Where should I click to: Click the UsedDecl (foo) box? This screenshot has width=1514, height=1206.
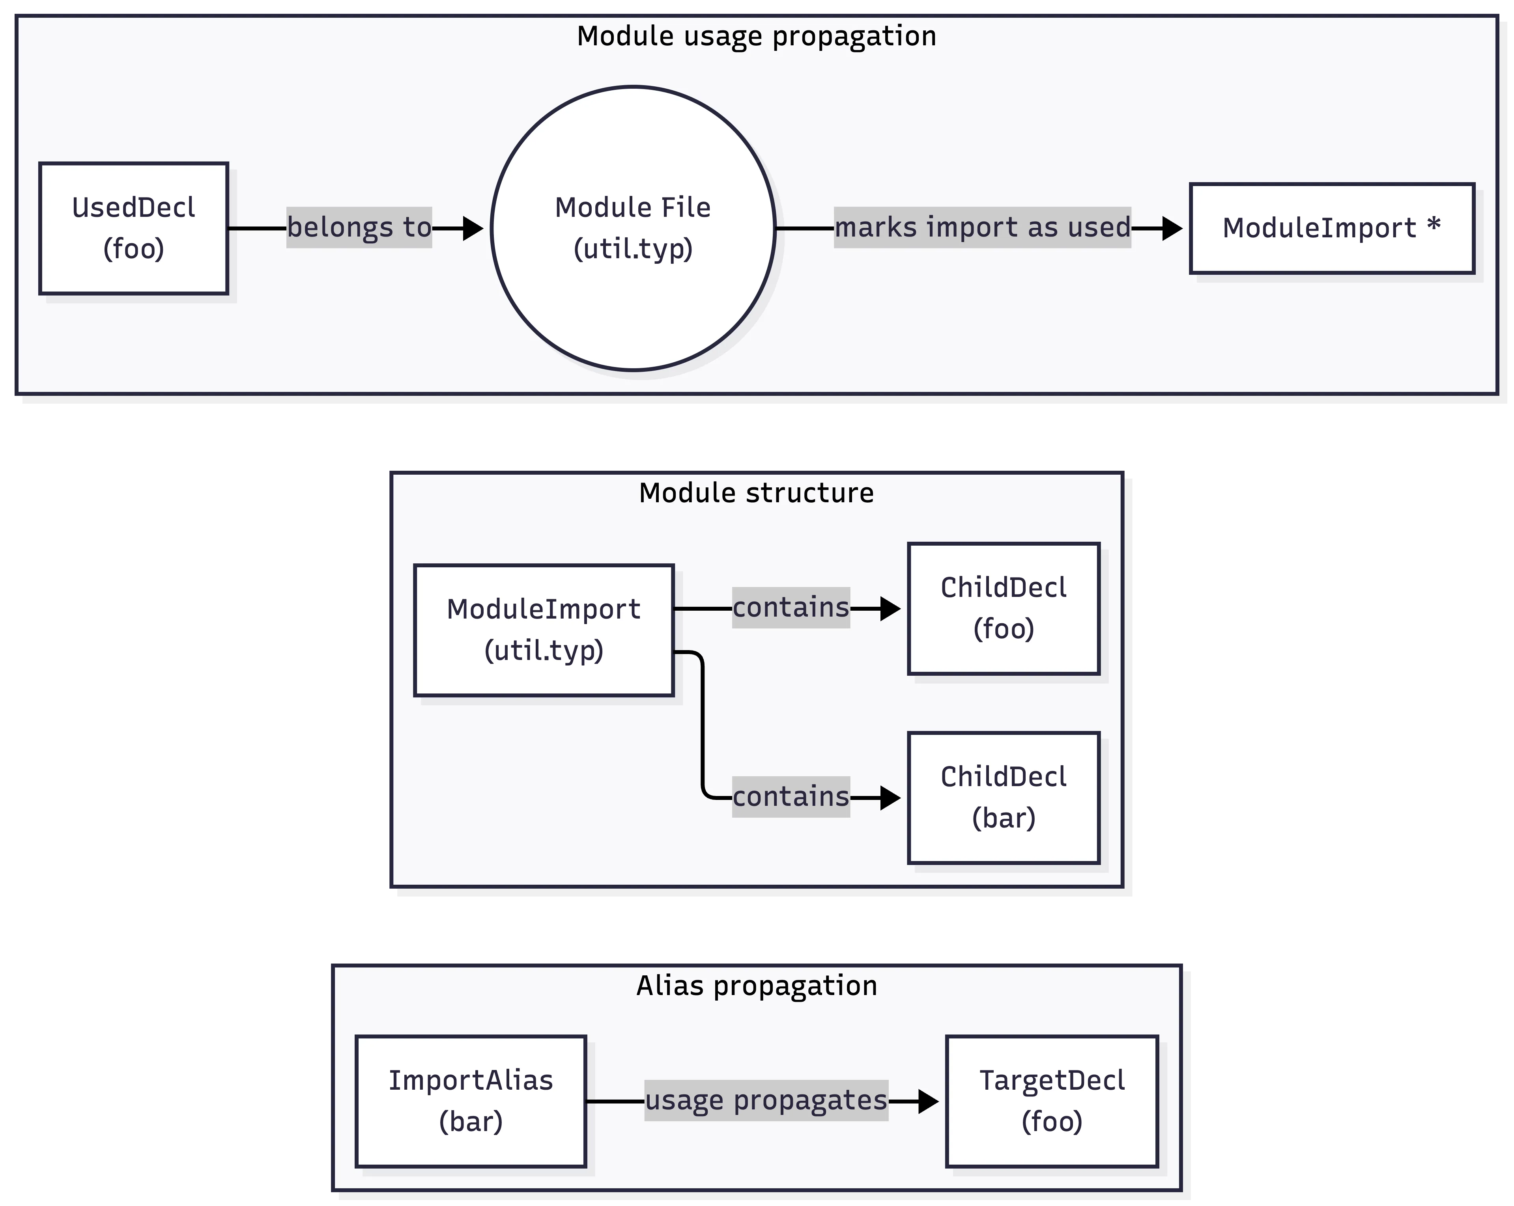tap(133, 228)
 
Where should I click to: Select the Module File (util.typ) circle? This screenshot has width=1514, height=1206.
tap(633, 228)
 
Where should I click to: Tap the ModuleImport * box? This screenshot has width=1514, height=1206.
tap(1331, 228)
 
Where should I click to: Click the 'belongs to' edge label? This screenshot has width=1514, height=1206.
tap(359, 227)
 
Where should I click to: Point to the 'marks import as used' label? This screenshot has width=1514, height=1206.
tap(982, 227)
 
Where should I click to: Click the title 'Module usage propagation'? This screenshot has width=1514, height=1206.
tap(756, 36)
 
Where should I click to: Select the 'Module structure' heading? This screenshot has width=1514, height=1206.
tap(756, 493)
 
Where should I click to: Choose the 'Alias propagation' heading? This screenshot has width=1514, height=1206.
tap(756, 986)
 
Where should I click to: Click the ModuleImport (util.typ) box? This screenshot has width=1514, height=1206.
tap(544, 630)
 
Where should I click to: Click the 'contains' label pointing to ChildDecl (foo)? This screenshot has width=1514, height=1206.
tap(791, 607)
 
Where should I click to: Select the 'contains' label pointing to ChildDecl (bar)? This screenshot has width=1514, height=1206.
tap(791, 797)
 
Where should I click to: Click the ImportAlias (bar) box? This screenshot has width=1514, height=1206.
tap(471, 1101)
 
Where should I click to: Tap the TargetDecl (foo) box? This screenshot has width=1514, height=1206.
tap(1051, 1101)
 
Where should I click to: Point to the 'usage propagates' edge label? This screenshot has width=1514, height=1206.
tap(766, 1100)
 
